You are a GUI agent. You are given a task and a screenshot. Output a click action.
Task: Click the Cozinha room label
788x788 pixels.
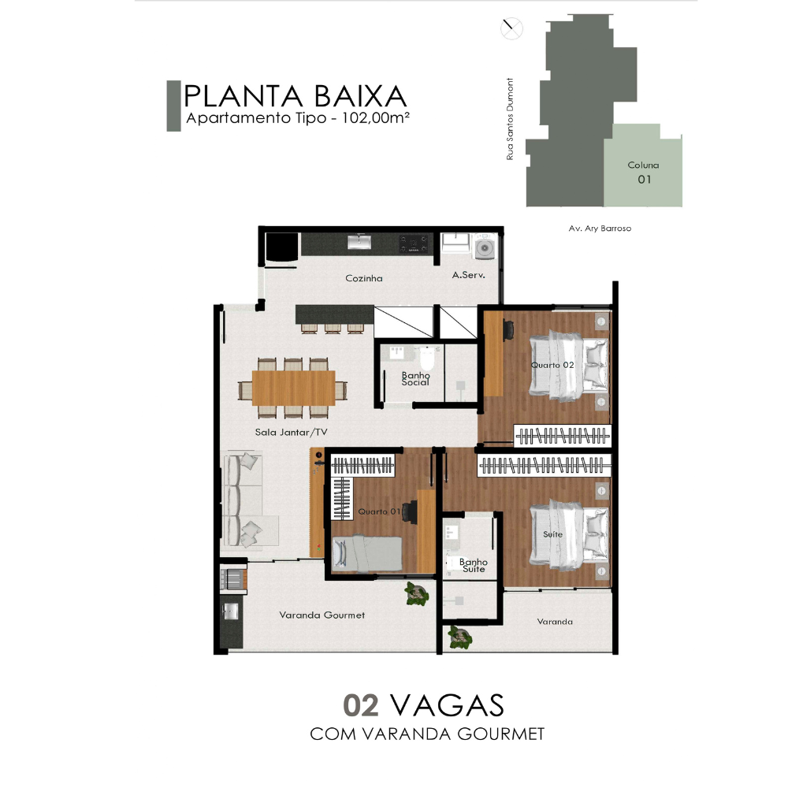coord(364,278)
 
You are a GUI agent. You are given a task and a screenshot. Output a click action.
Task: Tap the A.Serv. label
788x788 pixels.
coord(468,275)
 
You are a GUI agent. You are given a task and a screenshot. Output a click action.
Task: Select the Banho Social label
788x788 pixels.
coord(415,378)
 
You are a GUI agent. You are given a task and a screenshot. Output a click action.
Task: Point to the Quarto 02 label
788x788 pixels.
coord(552,365)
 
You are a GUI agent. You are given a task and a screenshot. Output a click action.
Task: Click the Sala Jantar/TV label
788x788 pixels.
coord(291,432)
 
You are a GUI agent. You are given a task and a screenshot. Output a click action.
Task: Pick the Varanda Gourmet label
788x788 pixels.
coord(322,615)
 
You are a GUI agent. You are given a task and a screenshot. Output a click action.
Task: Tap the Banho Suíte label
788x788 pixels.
coord(474,565)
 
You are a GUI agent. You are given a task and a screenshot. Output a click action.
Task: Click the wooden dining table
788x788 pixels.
coord(293,388)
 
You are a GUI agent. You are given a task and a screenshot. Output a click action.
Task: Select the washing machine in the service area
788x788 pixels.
coord(485,247)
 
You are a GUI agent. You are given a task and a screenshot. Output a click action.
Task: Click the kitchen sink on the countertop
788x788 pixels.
coord(359,242)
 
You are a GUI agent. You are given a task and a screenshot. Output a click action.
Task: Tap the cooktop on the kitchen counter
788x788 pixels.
coord(414,243)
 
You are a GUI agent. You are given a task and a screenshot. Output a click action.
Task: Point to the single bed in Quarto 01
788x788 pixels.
coord(367,554)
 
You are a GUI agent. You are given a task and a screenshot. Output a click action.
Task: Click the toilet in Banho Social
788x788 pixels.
coord(428,358)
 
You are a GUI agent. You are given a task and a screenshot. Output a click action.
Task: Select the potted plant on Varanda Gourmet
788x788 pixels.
coord(417,593)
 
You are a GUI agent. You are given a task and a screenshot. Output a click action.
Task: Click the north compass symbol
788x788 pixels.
coord(511,28)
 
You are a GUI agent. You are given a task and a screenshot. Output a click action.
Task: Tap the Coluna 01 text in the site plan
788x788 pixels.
coord(643,172)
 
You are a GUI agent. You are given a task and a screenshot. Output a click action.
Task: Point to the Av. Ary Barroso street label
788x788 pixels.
coord(600,229)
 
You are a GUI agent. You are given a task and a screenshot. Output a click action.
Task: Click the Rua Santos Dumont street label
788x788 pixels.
coord(510,119)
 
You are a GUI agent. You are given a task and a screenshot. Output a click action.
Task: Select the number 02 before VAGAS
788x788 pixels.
coord(361,705)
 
